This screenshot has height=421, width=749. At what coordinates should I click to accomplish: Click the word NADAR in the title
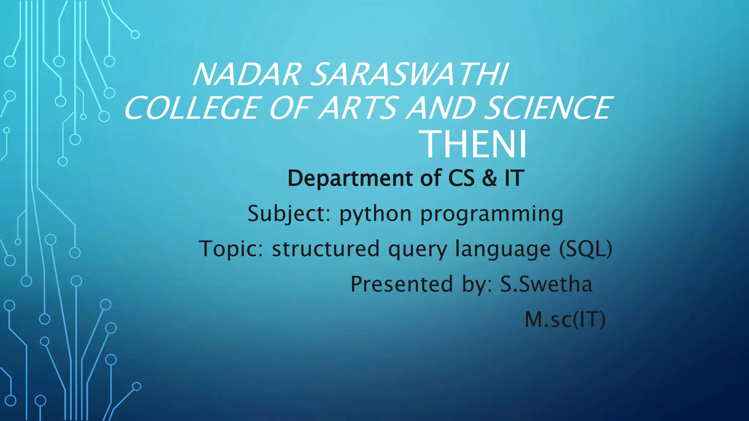tap(247, 75)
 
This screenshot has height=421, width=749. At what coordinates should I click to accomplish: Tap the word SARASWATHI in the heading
tap(410, 75)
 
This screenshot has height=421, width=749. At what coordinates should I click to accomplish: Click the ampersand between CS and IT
tap(489, 178)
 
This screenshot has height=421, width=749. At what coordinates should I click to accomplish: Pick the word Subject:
tap(289, 214)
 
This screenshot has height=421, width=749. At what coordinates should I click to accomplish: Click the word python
tap(375, 215)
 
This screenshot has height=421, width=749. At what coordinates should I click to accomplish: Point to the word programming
tap(492, 215)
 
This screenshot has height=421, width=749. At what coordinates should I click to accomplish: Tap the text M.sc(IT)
tap(565, 319)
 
